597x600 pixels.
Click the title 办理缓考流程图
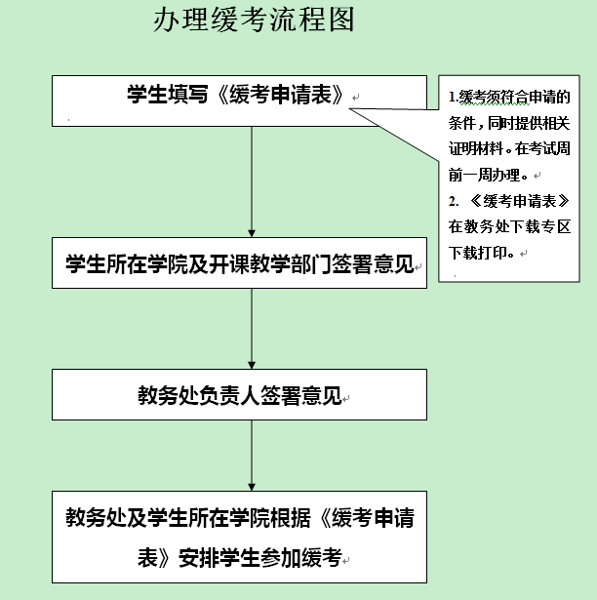(x=254, y=20)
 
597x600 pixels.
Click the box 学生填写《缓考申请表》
(x=239, y=101)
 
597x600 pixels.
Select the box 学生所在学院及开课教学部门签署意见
(x=239, y=262)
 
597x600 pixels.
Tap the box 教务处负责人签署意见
(x=239, y=394)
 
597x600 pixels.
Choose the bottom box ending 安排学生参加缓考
(x=239, y=537)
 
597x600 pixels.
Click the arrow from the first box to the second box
(x=252, y=181)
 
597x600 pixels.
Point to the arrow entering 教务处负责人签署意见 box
(x=252, y=329)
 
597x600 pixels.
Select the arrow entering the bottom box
(x=252, y=456)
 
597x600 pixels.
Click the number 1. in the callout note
(x=454, y=98)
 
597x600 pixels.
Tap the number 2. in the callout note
(x=454, y=201)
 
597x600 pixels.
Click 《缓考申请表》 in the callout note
(x=520, y=201)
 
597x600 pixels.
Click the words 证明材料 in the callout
(x=476, y=148)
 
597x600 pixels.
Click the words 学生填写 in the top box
(x=168, y=94)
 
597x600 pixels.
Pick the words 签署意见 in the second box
(x=373, y=263)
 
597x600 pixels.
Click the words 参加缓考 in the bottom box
(x=300, y=557)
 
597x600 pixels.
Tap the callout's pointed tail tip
(x=349, y=108)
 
